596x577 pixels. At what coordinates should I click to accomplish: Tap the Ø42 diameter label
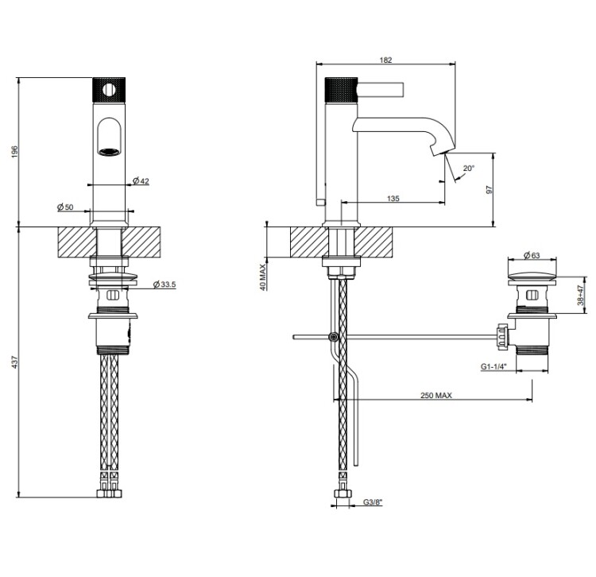click(141, 182)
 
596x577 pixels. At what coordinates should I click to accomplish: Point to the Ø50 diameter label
click(65, 207)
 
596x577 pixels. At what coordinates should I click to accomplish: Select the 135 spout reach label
click(393, 199)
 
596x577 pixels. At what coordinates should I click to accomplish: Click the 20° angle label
click(468, 168)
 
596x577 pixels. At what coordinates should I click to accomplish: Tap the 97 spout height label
click(490, 190)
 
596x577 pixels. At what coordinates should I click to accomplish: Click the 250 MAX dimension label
click(432, 395)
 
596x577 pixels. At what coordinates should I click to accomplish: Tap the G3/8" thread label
click(372, 502)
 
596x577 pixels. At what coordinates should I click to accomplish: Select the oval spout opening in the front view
click(110, 135)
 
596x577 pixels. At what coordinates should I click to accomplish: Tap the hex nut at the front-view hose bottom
click(110, 494)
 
